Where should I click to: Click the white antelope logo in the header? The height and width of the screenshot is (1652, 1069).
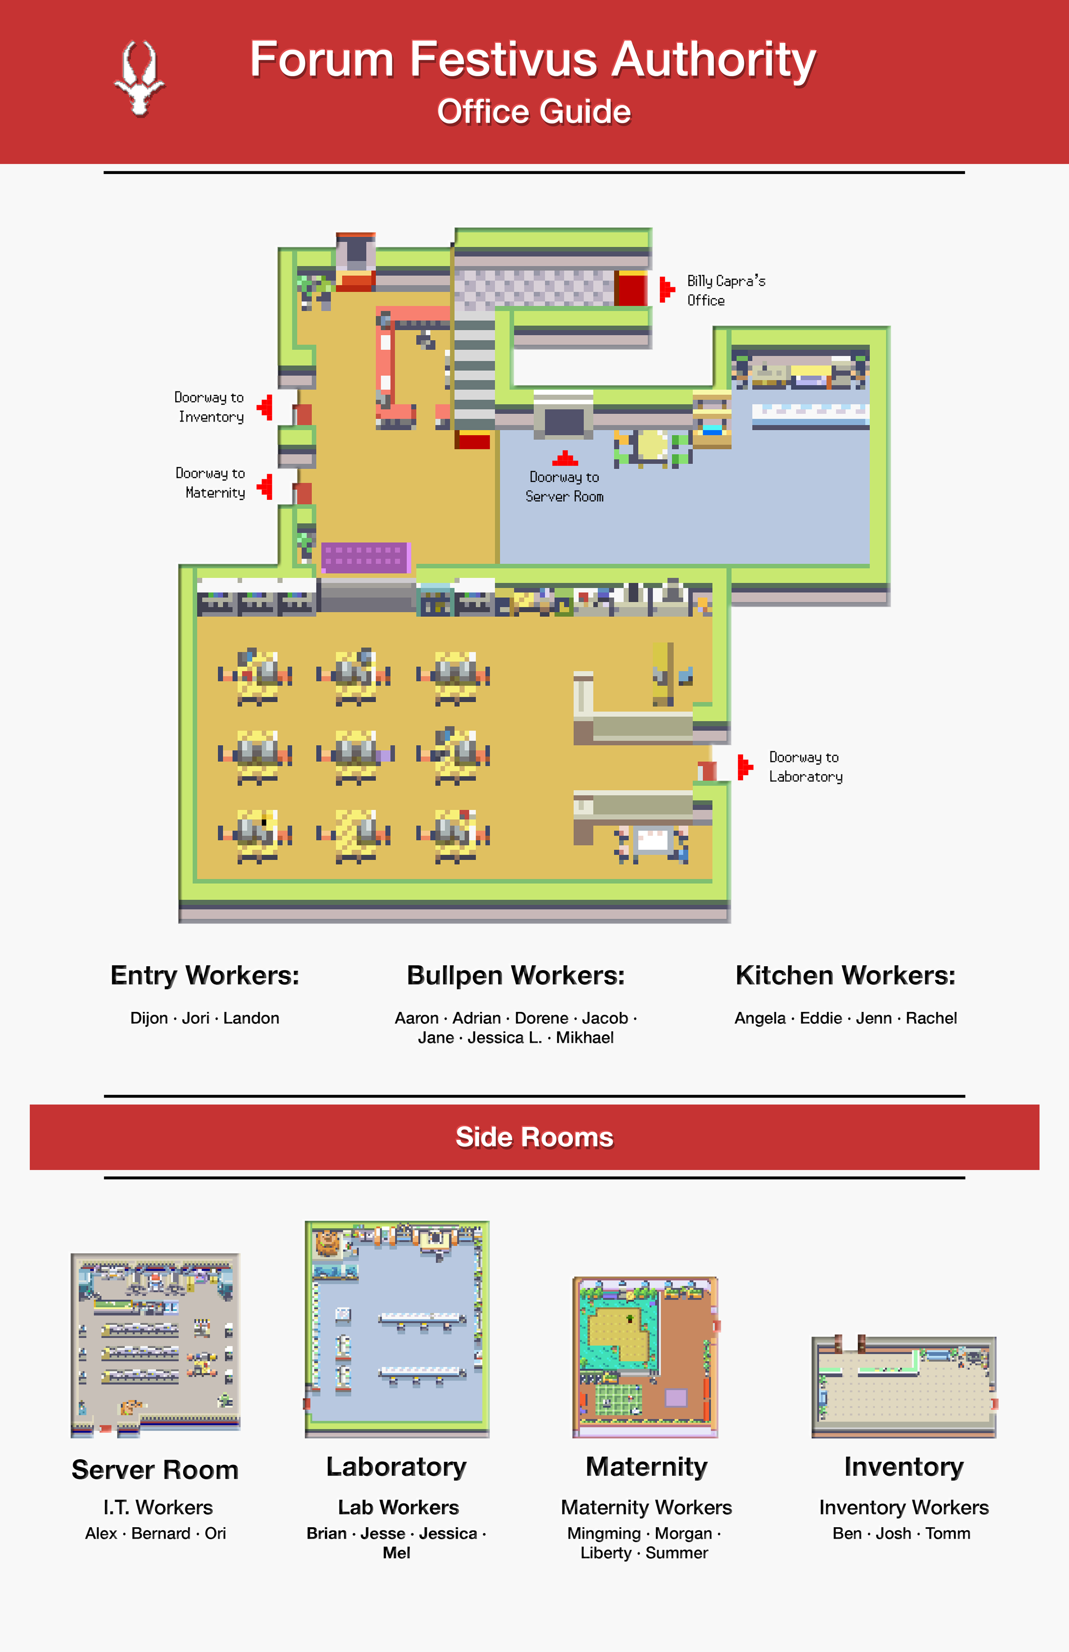coord(139,78)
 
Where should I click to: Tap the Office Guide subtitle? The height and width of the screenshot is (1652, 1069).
coord(534,112)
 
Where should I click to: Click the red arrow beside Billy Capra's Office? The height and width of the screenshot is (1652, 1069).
coord(666,289)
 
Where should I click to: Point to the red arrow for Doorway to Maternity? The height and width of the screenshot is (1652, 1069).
coord(265,487)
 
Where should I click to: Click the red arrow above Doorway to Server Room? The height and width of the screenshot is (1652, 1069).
coord(565,458)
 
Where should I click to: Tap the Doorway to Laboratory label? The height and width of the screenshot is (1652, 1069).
coord(805,767)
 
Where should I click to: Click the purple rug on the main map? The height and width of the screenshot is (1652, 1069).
coord(365,558)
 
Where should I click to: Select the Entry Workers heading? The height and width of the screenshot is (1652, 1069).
coord(205,975)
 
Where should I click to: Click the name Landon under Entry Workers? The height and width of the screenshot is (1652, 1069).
coord(251,1018)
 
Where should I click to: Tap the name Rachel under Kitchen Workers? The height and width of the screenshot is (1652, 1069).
coord(931,1018)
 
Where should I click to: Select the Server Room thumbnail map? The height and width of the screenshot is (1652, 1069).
coord(156,1345)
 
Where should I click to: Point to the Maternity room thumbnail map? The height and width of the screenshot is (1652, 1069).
coord(646,1357)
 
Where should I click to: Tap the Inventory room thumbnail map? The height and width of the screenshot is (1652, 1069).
coord(904,1386)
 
